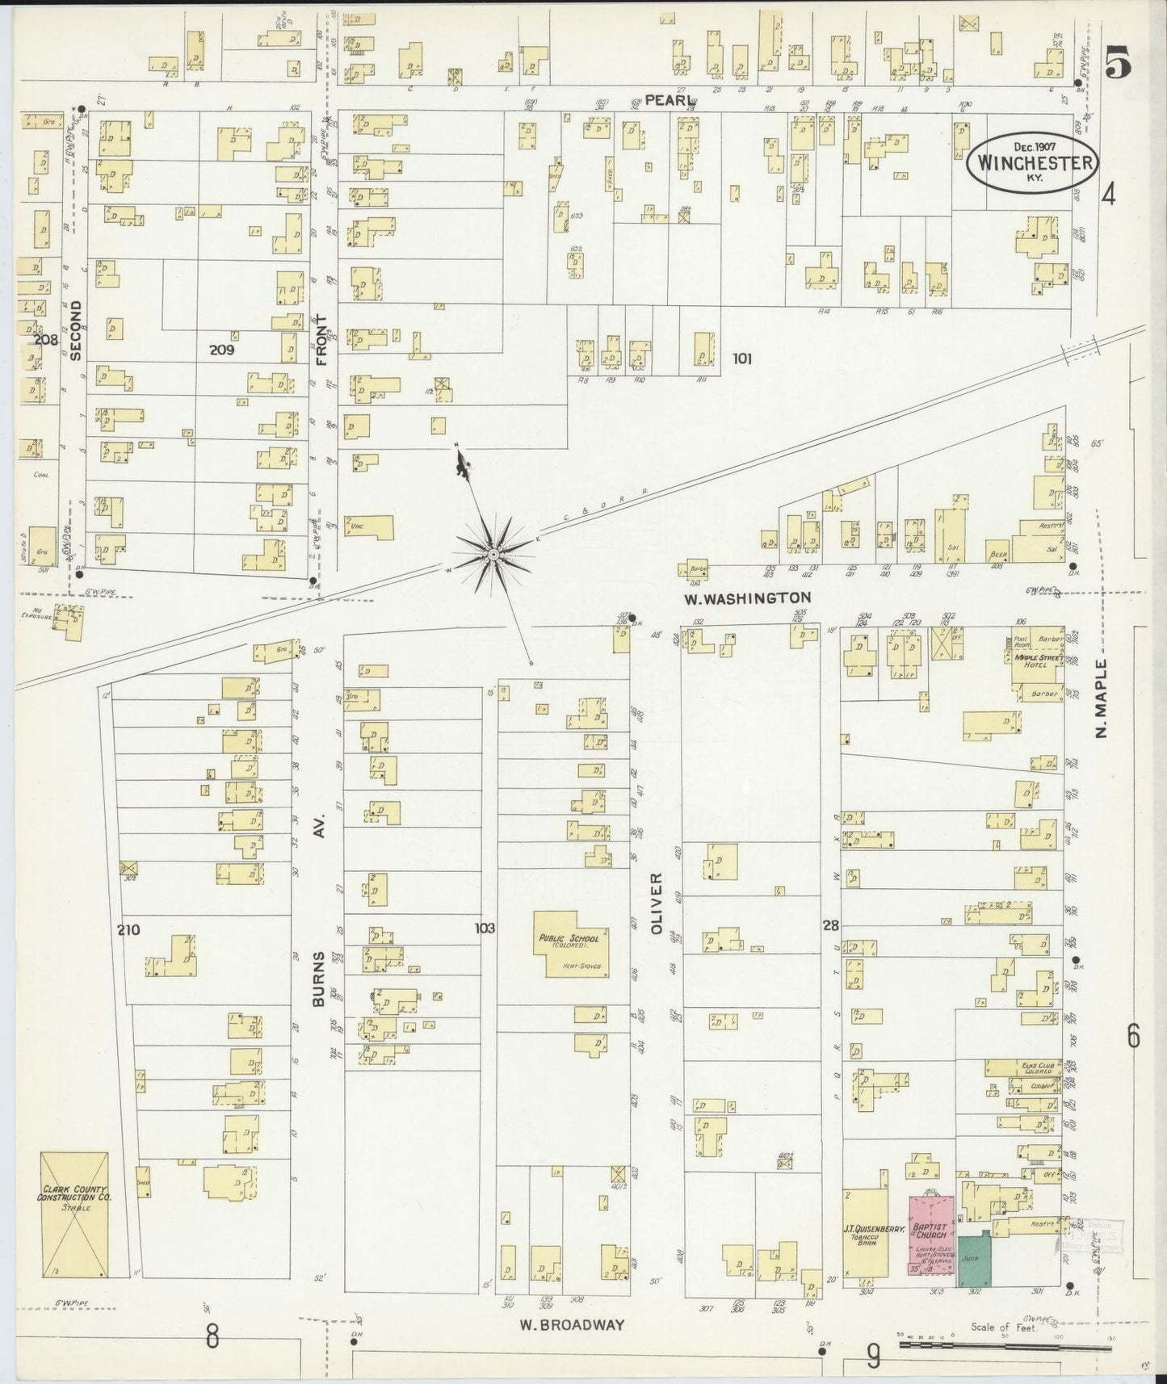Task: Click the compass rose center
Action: (493, 555)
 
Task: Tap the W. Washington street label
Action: (747, 598)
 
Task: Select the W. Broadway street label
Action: (571, 1325)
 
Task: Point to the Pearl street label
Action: (670, 99)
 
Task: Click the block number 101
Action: (741, 359)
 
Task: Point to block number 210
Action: (128, 929)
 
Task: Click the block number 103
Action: (485, 929)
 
